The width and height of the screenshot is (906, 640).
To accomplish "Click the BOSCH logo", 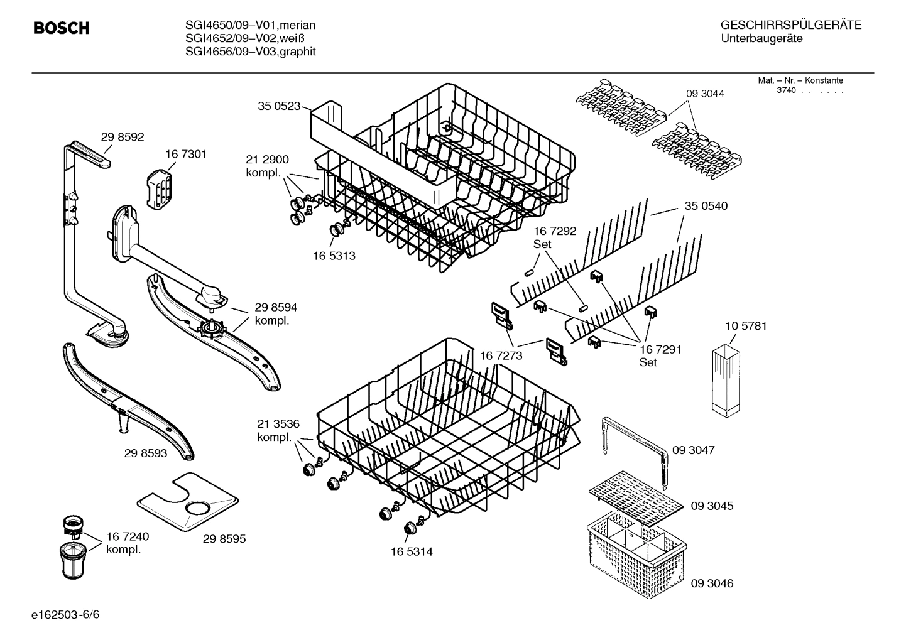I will click(x=61, y=28).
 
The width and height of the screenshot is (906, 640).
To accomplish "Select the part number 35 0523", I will click(x=279, y=106).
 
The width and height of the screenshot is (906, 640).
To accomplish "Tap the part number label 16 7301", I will click(x=186, y=154).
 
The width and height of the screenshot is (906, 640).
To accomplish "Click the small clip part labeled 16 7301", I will click(x=159, y=187).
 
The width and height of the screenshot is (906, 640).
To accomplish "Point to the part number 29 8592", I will click(x=123, y=137).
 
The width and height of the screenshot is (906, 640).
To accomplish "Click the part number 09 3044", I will click(x=705, y=94).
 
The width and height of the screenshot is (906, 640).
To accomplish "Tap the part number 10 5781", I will click(x=746, y=326).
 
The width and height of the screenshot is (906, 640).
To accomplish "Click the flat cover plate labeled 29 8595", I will click(x=188, y=501).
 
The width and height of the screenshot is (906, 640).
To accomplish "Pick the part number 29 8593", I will click(x=146, y=453).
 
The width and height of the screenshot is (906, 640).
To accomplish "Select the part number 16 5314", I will click(x=412, y=551).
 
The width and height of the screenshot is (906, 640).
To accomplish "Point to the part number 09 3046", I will click(x=712, y=583).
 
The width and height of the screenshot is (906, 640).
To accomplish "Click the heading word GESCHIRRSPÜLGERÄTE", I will click(x=791, y=25).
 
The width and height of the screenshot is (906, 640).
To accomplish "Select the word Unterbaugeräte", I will click(x=761, y=38).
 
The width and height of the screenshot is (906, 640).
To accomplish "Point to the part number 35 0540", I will click(x=706, y=206).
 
